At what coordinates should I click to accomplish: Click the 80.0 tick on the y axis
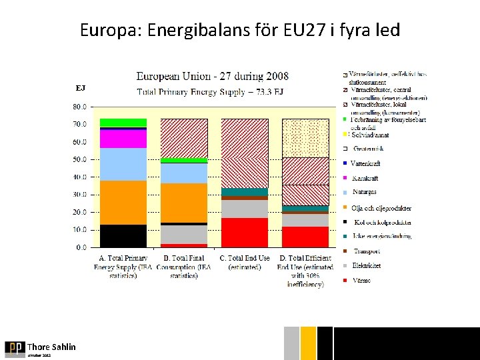point(79,106)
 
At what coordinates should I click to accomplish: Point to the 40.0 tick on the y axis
point(79,177)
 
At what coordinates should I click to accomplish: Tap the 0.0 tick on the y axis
point(81,247)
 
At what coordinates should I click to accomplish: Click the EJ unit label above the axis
point(81,88)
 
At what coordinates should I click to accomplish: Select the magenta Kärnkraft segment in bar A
point(123,138)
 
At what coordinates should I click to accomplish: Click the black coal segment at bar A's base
point(123,235)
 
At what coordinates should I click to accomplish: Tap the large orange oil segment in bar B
point(184,203)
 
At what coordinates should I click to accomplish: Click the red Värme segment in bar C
point(245,232)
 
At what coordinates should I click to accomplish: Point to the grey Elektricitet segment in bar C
point(245,209)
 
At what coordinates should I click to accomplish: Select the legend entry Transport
point(367,251)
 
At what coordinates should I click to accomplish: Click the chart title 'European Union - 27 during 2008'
point(213,77)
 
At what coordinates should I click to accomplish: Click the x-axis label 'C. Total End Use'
point(245,258)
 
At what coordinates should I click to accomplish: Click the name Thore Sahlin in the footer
point(51,347)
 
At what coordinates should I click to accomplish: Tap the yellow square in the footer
point(308,343)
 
